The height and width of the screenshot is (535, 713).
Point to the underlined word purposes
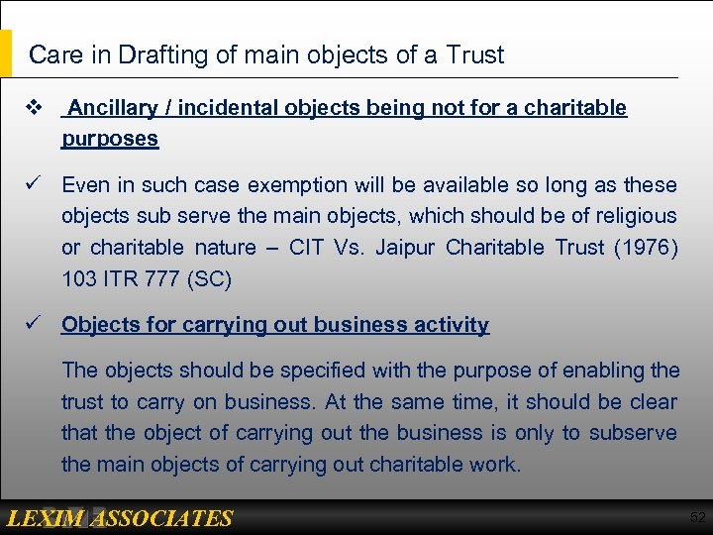tap(110, 139)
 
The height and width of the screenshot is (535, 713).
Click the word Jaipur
tap(407, 248)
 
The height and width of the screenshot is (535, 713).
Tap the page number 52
tap(697, 518)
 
